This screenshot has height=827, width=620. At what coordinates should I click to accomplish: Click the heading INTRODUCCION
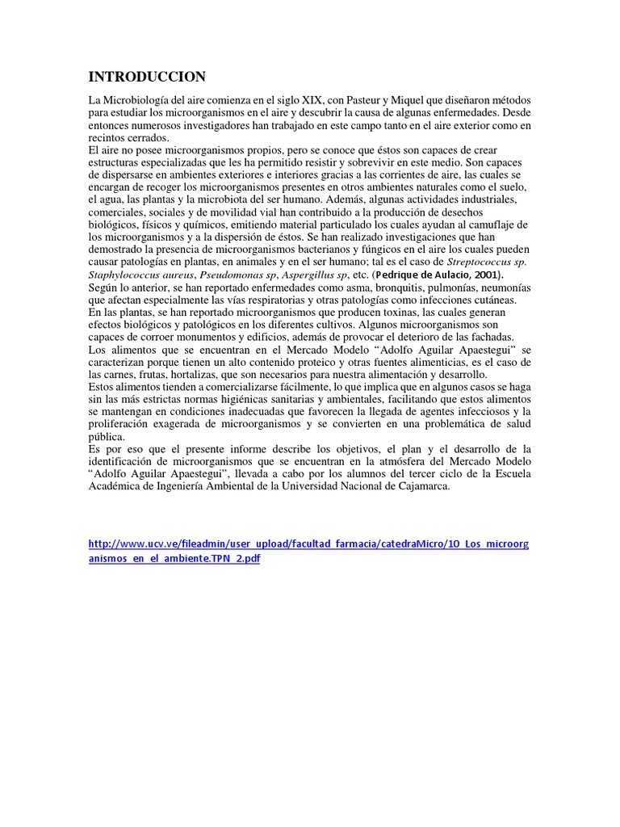(x=147, y=78)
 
